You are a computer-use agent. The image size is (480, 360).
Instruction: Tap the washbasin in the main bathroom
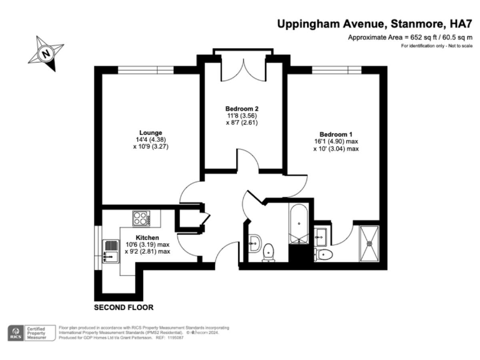coord(253,243)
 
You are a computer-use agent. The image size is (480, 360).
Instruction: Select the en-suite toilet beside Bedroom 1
coord(323,253)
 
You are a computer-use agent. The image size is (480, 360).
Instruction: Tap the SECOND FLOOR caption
coord(123,307)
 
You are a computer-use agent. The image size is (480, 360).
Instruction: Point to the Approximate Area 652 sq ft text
coord(409,38)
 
